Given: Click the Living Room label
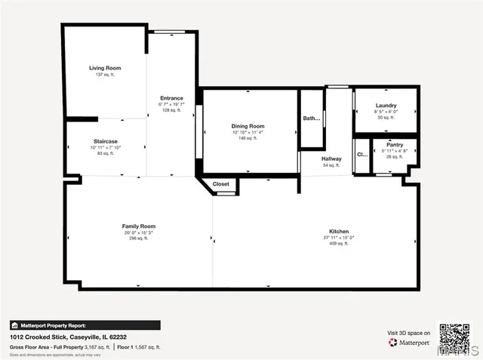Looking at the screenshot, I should [x=105, y=68].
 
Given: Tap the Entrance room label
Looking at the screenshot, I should [x=171, y=98].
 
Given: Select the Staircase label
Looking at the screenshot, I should [x=105, y=141].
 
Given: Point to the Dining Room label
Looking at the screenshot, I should [x=248, y=126].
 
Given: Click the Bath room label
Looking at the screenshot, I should [x=311, y=118].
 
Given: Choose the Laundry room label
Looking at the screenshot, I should [x=386, y=106].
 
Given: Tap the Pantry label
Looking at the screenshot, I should [x=394, y=143].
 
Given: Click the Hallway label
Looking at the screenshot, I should [x=331, y=158].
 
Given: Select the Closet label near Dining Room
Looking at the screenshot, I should [x=220, y=184].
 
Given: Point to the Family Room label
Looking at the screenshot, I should [x=139, y=226].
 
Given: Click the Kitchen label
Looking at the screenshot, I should [x=338, y=231].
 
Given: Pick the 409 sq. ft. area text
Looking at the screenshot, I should [x=338, y=244].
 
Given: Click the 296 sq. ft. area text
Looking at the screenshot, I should [x=139, y=238].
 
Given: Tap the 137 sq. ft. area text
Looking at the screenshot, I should [x=105, y=75].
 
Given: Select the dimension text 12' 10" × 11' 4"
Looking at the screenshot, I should [x=248, y=132].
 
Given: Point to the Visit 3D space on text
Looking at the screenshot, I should [x=409, y=333].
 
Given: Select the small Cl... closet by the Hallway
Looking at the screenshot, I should [x=361, y=154].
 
